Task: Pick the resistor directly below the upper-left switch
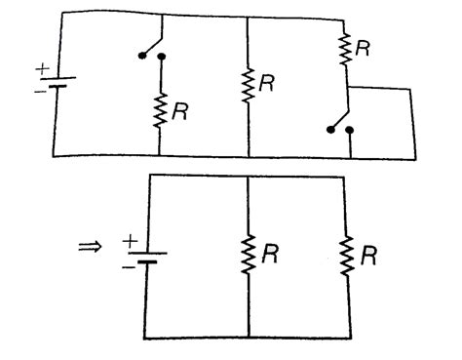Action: (x=160, y=106)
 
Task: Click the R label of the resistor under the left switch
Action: (x=180, y=110)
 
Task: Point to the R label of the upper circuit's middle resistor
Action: (x=270, y=84)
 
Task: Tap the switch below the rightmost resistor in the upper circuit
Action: (x=340, y=123)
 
